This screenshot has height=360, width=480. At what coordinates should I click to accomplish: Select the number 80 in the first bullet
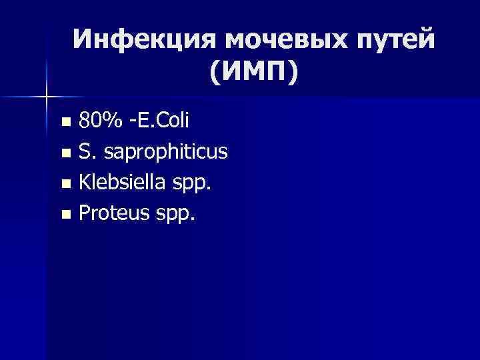tap(89, 121)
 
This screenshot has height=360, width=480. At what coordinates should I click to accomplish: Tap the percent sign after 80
tap(111, 121)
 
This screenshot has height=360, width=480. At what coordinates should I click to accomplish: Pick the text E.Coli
tap(163, 121)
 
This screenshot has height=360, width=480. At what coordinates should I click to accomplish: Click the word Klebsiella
tap(119, 183)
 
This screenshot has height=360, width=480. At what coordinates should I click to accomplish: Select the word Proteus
tap(109, 214)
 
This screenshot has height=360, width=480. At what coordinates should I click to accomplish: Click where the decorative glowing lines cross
tap(46, 97)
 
